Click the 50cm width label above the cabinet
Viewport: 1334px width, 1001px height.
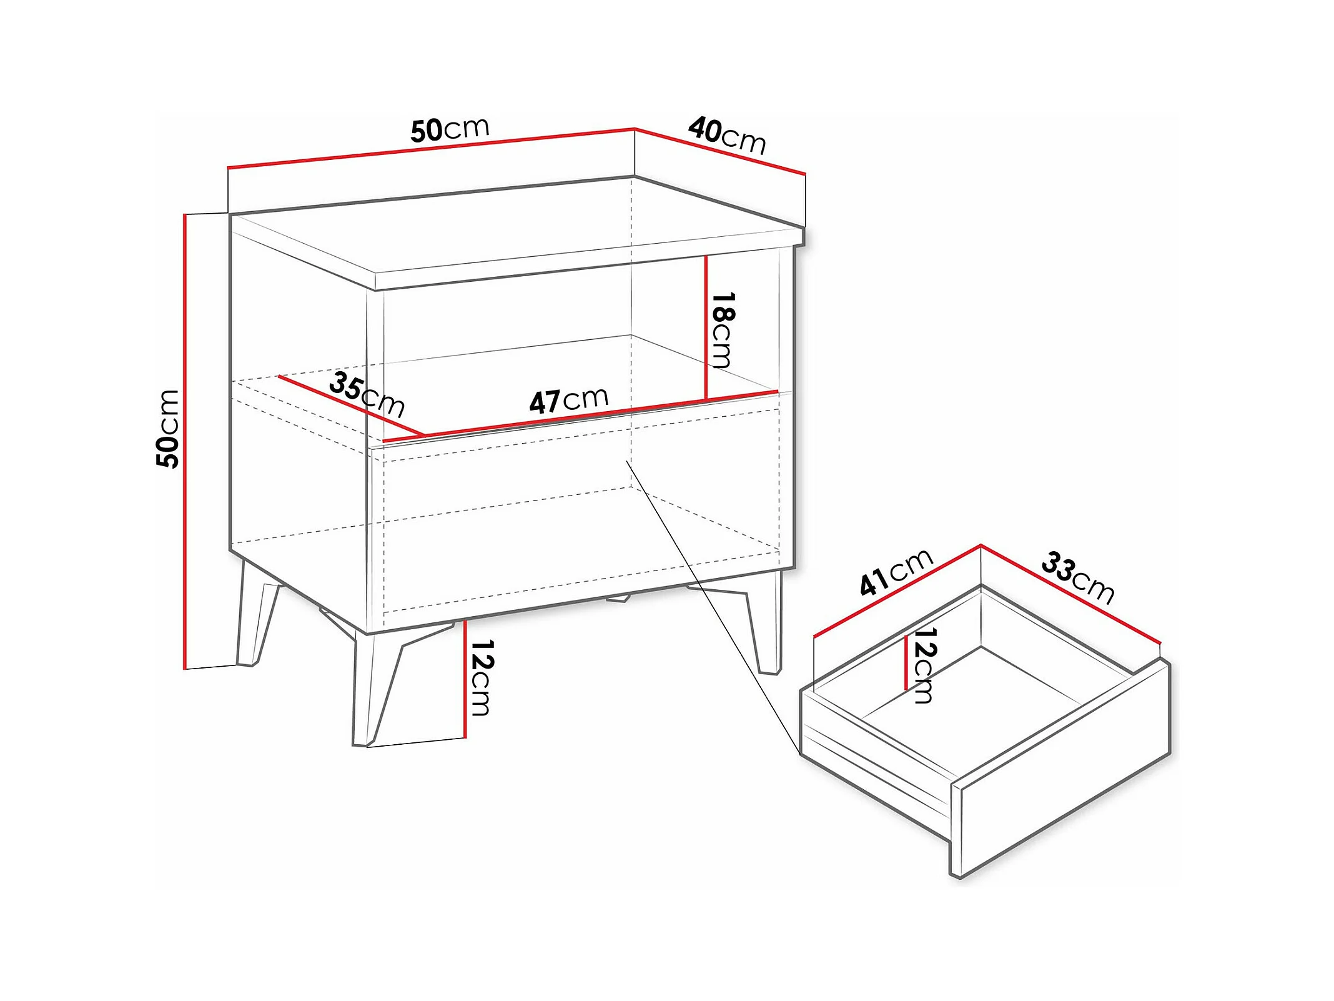[450, 129]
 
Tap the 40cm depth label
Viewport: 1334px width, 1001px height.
[728, 136]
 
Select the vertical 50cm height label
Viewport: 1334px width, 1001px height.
[168, 429]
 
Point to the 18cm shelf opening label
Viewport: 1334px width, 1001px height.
[723, 329]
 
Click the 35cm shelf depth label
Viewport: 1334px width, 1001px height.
[367, 394]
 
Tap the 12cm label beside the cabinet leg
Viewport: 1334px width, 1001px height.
[482, 677]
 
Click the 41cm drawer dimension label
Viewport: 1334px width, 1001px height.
[896, 572]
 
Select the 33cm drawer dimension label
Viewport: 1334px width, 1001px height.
[1078, 578]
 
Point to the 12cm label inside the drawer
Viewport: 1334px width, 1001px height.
[924, 665]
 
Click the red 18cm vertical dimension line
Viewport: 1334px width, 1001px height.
[706, 327]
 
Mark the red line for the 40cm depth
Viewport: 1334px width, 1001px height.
[720, 151]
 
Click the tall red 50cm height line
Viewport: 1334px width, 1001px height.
[185, 441]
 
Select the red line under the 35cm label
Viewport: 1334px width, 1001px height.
[352, 406]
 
